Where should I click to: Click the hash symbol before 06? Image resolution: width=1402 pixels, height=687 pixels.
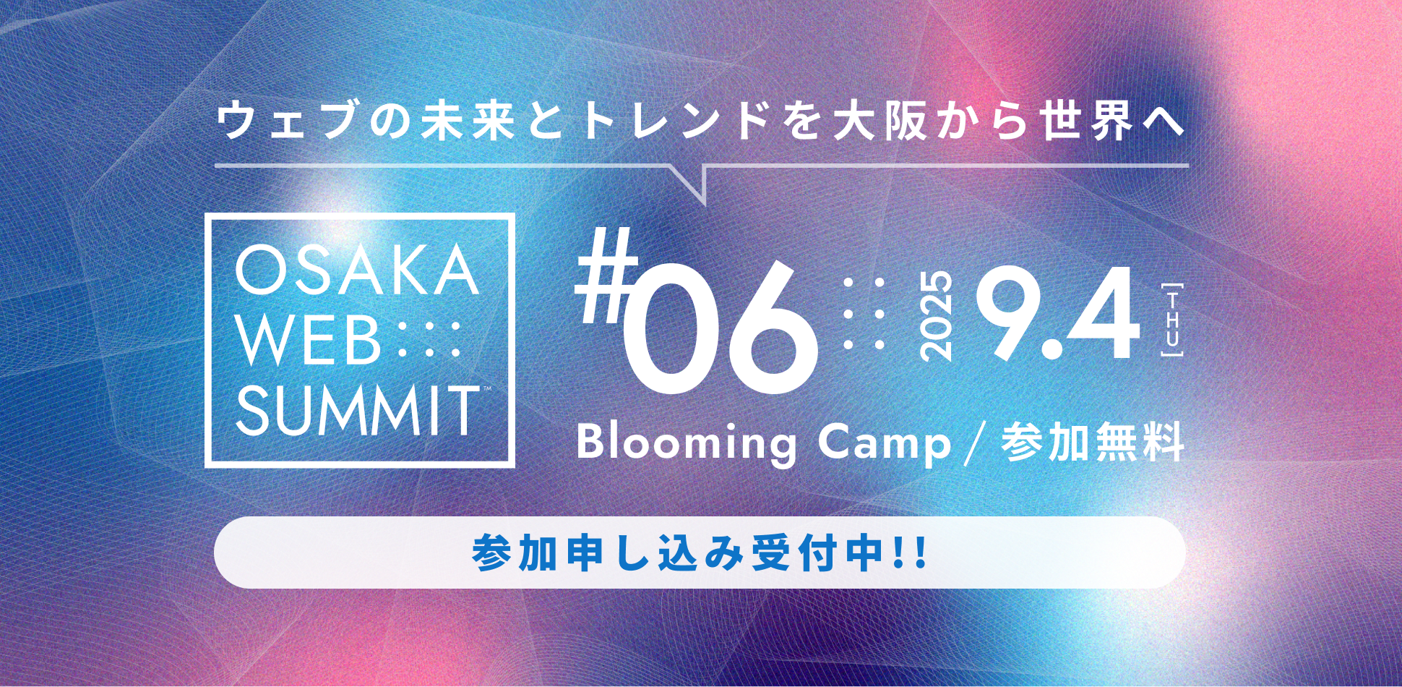(606, 276)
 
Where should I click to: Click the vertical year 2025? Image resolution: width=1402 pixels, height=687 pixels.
(937, 316)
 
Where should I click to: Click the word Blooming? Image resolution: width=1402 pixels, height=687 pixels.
(687, 443)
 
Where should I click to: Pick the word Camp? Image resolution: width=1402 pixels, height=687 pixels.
(885, 443)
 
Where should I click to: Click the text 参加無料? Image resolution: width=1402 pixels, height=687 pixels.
(1093, 441)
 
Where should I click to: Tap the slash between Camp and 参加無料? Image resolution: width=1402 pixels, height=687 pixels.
(976, 443)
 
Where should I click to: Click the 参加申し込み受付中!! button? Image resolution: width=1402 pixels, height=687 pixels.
(700, 552)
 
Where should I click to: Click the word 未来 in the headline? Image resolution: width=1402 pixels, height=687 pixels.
(468, 121)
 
